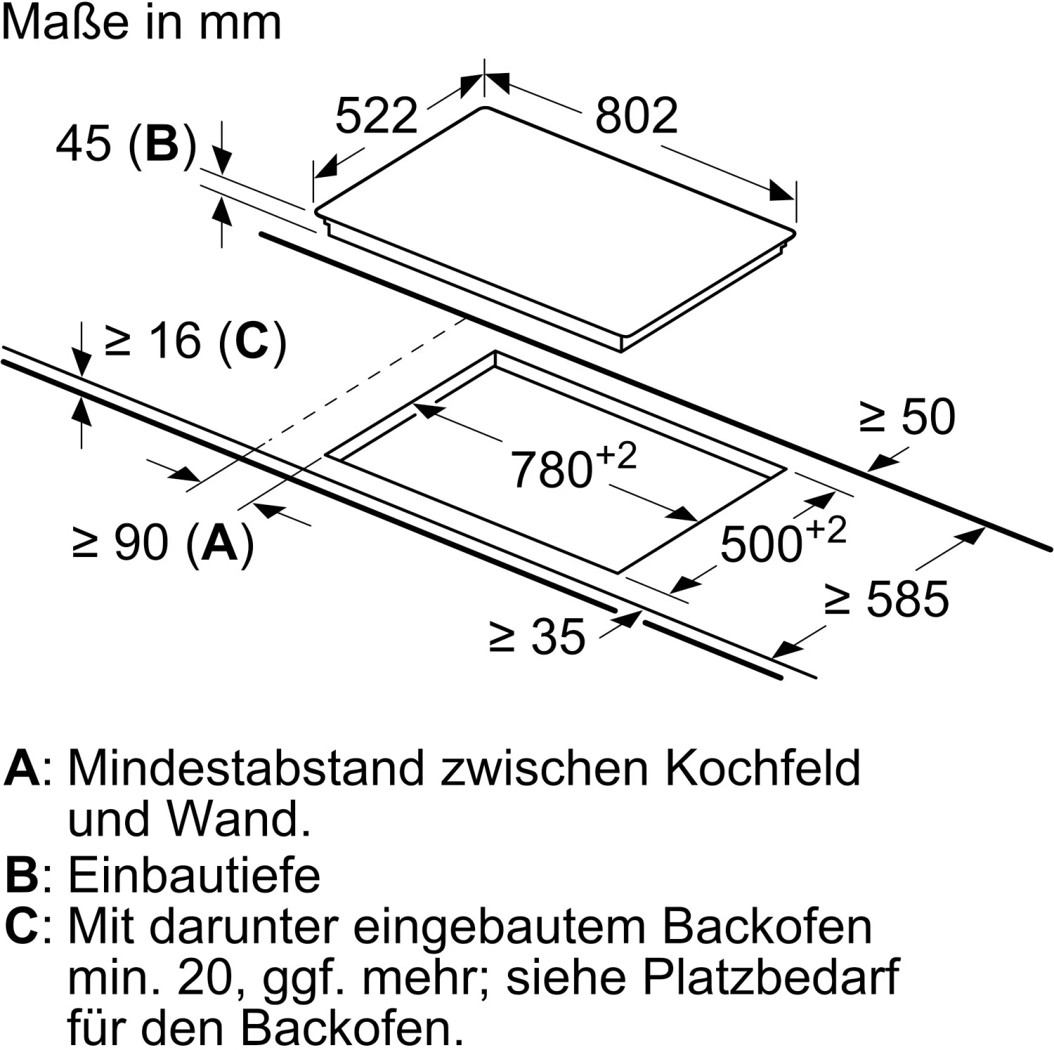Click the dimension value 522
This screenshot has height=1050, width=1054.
(377, 116)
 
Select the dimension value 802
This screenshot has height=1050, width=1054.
(636, 116)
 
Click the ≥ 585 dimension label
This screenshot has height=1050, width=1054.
(887, 599)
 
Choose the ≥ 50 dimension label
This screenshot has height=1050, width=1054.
(907, 416)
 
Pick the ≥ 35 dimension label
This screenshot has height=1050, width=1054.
(537, 637)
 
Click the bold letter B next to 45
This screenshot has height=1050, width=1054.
(162, 143)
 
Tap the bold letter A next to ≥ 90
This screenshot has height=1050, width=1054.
(220, 543)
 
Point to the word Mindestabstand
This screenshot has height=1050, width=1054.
(246, 768)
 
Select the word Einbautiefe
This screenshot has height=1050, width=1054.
(194, 875)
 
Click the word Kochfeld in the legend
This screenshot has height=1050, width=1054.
(762, 768)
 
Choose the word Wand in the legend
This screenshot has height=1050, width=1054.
(239, 819)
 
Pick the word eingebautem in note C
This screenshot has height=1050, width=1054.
(499, 926)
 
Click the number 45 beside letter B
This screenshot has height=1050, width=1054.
(83, 143)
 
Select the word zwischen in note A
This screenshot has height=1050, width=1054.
(544, 768)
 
